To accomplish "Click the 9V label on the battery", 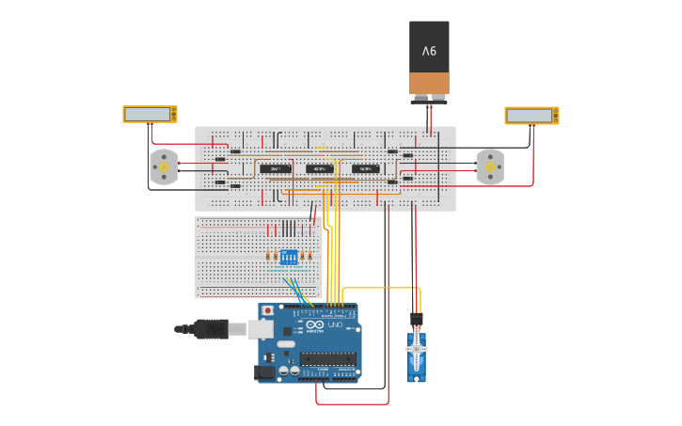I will (x=429, y=51).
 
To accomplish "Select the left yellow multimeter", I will (x=150, y=114).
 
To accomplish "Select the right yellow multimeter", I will (x=531, y=116).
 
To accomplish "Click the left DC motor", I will (x=164, y=167).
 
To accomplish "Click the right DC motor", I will (x=489, y=166).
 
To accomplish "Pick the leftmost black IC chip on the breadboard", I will (x=275, y=168).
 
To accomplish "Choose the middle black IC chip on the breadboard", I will (x=320, y=168).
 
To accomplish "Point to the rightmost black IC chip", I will (x=365, y=168).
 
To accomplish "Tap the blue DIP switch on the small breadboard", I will (x=289, y=256).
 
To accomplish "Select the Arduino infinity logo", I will (x=314, y=325).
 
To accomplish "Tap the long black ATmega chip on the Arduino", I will (x=328, y=357).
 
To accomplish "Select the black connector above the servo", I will (x=416, y=320).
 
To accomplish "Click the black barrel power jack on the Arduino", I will (x=266, y=372).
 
